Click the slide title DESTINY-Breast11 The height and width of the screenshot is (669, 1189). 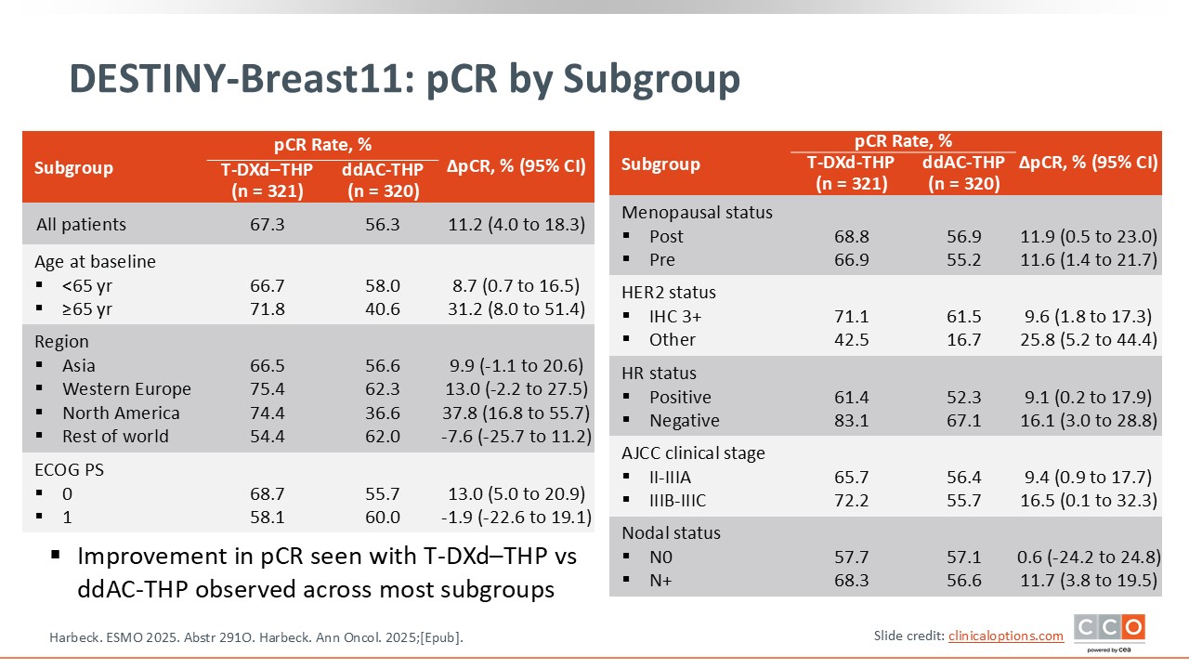click(x=404, y=80)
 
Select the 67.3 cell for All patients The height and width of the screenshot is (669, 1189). click(x=268, y=225)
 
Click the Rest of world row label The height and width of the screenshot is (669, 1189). click(x=115, y=437)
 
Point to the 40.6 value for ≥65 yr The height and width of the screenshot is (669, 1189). click(x=382, y=309)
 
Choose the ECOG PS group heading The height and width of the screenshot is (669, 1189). click(x=69, y=469)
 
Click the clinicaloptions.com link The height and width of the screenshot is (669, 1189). click(x=1005, y=636)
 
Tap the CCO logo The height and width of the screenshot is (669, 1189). click(x=1109, y=630)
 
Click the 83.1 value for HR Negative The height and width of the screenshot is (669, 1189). click(x=852, y=420)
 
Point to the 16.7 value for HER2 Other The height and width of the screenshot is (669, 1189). click(x=963, y=340)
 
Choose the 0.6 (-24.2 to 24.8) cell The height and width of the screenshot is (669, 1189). click(x=1088, y=557)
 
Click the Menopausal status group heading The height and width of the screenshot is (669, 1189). click(x=697, y=212)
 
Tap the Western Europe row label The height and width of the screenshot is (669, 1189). click(x=126, y=389)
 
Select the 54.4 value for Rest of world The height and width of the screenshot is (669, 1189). click(x=268, y=437)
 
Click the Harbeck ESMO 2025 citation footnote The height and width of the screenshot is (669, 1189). click(x=255, y=637)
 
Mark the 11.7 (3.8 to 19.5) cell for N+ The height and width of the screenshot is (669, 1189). click(x=1088, y=581)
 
